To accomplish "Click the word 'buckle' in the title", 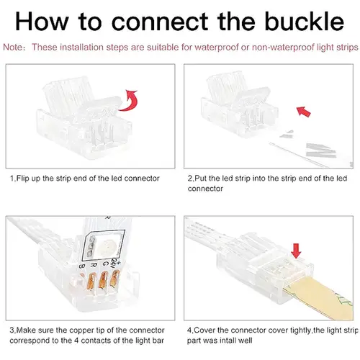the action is coord(305,22).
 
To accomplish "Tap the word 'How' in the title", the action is coord(42,22).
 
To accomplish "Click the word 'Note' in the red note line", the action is coord(12,47).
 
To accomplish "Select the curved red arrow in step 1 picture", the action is coord(128,100).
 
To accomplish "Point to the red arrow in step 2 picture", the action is coord(303,112).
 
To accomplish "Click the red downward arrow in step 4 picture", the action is coord(297,251).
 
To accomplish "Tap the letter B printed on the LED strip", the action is coord(82,266).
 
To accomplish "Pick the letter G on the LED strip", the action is coord(106,264).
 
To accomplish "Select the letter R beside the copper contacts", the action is coord(94,265).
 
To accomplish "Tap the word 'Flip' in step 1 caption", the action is coord(23,179).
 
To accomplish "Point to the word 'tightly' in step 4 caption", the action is coord(300,330).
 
